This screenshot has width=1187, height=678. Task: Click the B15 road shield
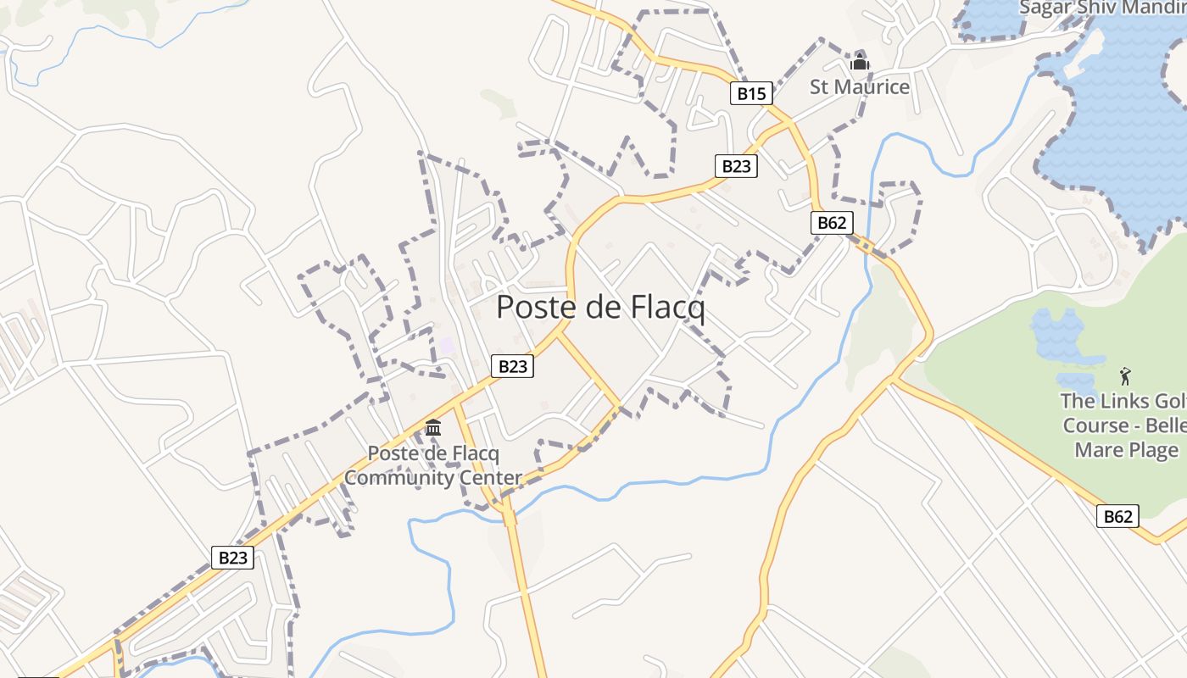click(751, 93)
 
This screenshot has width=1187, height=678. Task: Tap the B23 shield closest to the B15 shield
click(736, 166)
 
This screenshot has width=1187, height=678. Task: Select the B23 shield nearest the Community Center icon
click(512, 366)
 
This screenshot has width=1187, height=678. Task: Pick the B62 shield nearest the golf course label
click(1117, 516)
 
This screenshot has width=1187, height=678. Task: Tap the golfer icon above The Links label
click(1125, 376)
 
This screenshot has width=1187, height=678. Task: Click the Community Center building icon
click(433, 427)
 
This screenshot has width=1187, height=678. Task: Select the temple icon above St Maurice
click(860, 62)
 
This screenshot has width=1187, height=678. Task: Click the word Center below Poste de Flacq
click(490, 477)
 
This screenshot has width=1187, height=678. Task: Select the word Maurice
click(872, 86)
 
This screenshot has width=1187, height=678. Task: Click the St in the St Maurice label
click(819, 86)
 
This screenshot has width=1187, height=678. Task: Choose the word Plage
click(1151, 450)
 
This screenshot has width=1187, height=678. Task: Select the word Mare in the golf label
click(1099, 450)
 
